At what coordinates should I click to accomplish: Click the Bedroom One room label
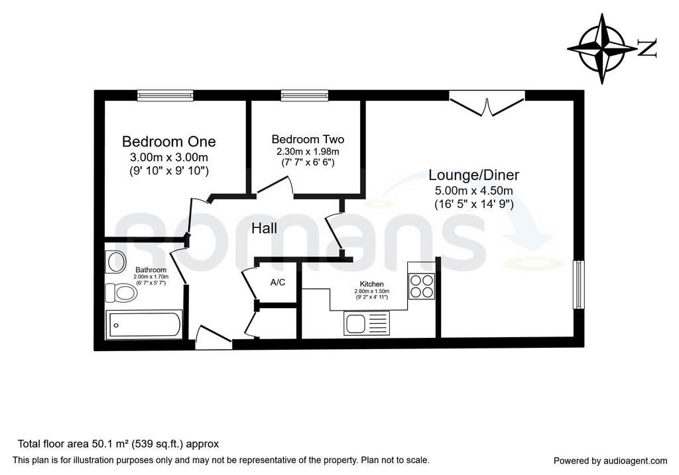(169, 142)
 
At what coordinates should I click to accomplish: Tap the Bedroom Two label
(308, 139)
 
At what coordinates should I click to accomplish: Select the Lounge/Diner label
(473, 175)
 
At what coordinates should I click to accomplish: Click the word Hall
(264, 228)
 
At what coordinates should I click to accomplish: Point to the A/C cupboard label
(278, 282)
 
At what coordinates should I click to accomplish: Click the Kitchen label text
(372, 284)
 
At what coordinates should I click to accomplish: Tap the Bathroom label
(151, 270)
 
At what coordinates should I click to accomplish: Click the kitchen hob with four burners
(421, 286)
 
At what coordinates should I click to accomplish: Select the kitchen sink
(367, 323)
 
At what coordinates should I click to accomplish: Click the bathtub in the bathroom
(145, 325)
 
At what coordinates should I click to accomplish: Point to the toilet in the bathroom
(121, 292)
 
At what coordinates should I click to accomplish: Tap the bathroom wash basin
(115, 262)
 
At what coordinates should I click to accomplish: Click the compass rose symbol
(602, 48)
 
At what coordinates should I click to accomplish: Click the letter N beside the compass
(647, 48)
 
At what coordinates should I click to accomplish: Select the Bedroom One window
(165, 95)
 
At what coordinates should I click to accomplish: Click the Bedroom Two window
(304, 95)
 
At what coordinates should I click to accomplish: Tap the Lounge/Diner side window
(578, 285)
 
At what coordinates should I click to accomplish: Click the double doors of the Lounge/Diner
(487, 104)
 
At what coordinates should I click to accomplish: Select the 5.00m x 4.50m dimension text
(473, 190)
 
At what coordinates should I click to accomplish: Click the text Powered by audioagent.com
(610, 461)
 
